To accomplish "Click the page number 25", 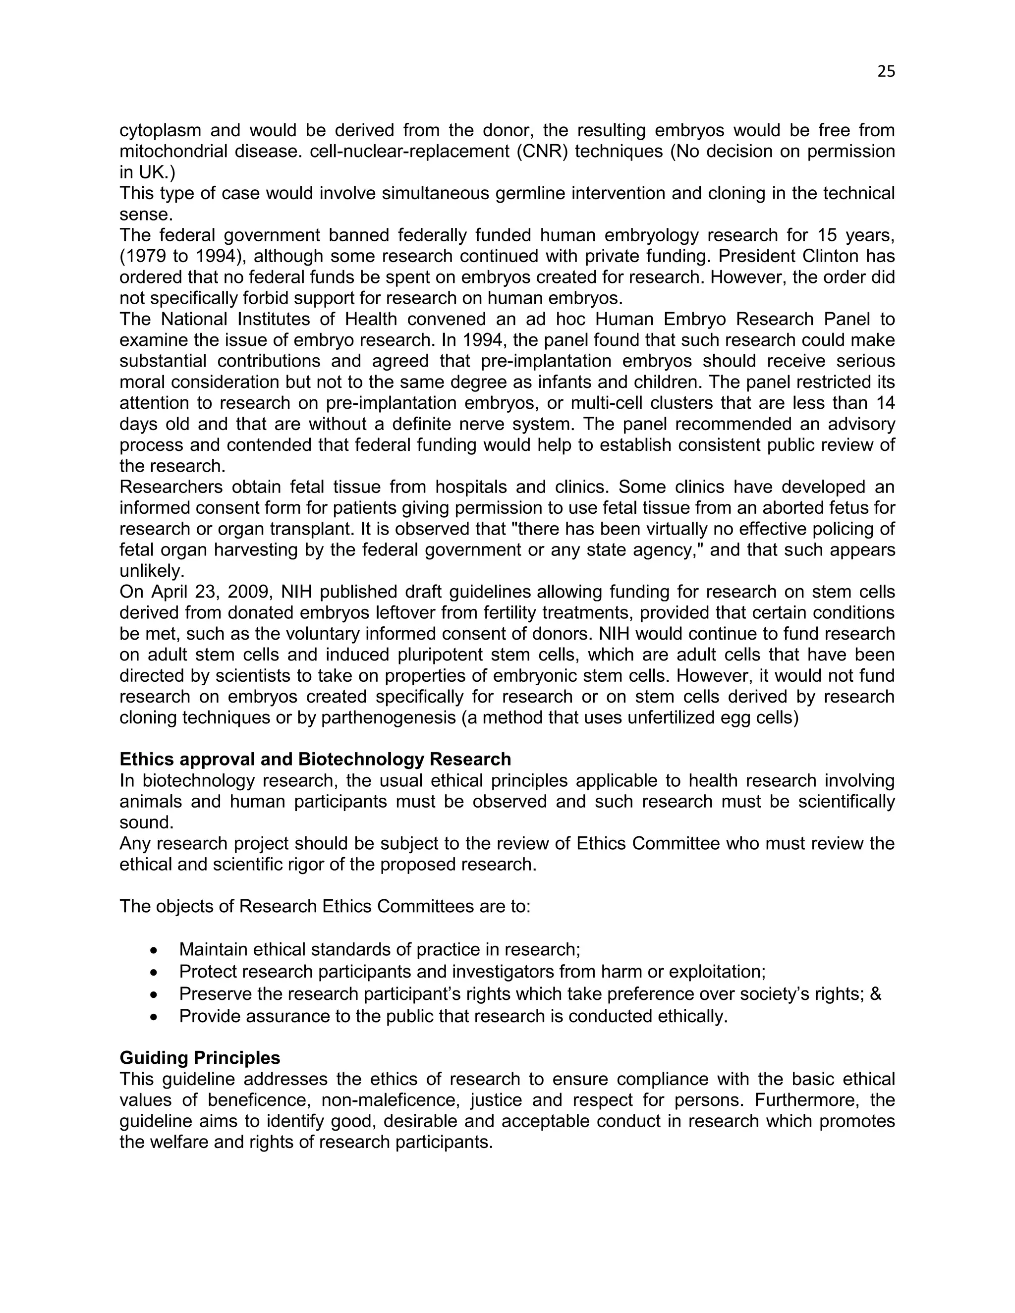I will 886,71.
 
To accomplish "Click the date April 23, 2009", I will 212,592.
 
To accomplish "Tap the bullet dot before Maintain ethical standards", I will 155,950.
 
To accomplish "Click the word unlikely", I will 152,570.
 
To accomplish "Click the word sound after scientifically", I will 146,822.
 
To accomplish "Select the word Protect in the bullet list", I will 205,972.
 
